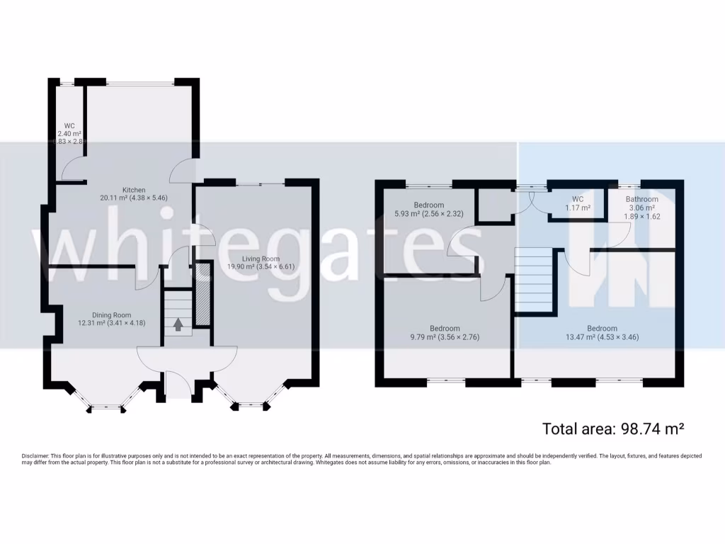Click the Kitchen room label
coord(134,190)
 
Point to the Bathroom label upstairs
coord(642,200)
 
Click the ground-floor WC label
coord(69,126)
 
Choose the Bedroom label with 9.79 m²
coord(445,329)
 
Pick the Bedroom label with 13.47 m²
coord(603,329)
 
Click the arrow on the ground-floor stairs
coord(178,324)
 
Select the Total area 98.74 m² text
coord(612,429)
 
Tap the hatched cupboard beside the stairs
coord(202,295)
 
